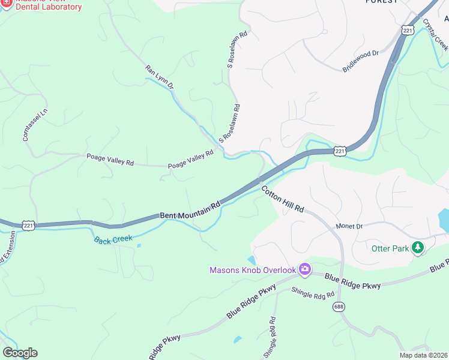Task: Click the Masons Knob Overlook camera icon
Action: coord(304,269)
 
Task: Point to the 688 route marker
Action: coord(340,306)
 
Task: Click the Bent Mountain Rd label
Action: coord(190,209)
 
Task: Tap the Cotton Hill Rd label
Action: coord(283,199)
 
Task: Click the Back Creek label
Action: coord(113,239)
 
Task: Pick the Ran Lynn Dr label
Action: coord(160,78)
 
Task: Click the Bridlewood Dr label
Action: coord(360,61)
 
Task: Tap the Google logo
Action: coord(20,353)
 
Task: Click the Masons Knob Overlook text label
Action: coord(253,270)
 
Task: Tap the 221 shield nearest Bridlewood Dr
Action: coord(408,30)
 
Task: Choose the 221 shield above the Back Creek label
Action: coord(28,225)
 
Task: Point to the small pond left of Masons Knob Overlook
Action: coord(251,260)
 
